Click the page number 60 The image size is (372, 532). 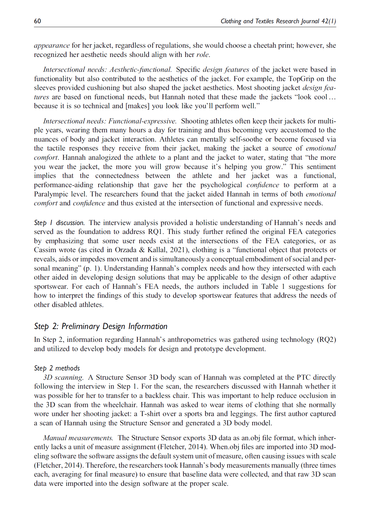click(x=38, y=21)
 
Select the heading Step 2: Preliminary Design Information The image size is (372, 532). click(x=101, y=326)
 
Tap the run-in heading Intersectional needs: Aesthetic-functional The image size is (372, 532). click(x=107, y=69)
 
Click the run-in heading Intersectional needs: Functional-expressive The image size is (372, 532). click(x=110, y=121)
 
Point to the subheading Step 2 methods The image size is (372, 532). click(x=57, y=368)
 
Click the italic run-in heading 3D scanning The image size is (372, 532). click(x=63, y=377)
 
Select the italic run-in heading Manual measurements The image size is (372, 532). click(x=78, y=438)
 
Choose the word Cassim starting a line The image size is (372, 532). click(x=44, y=250)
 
